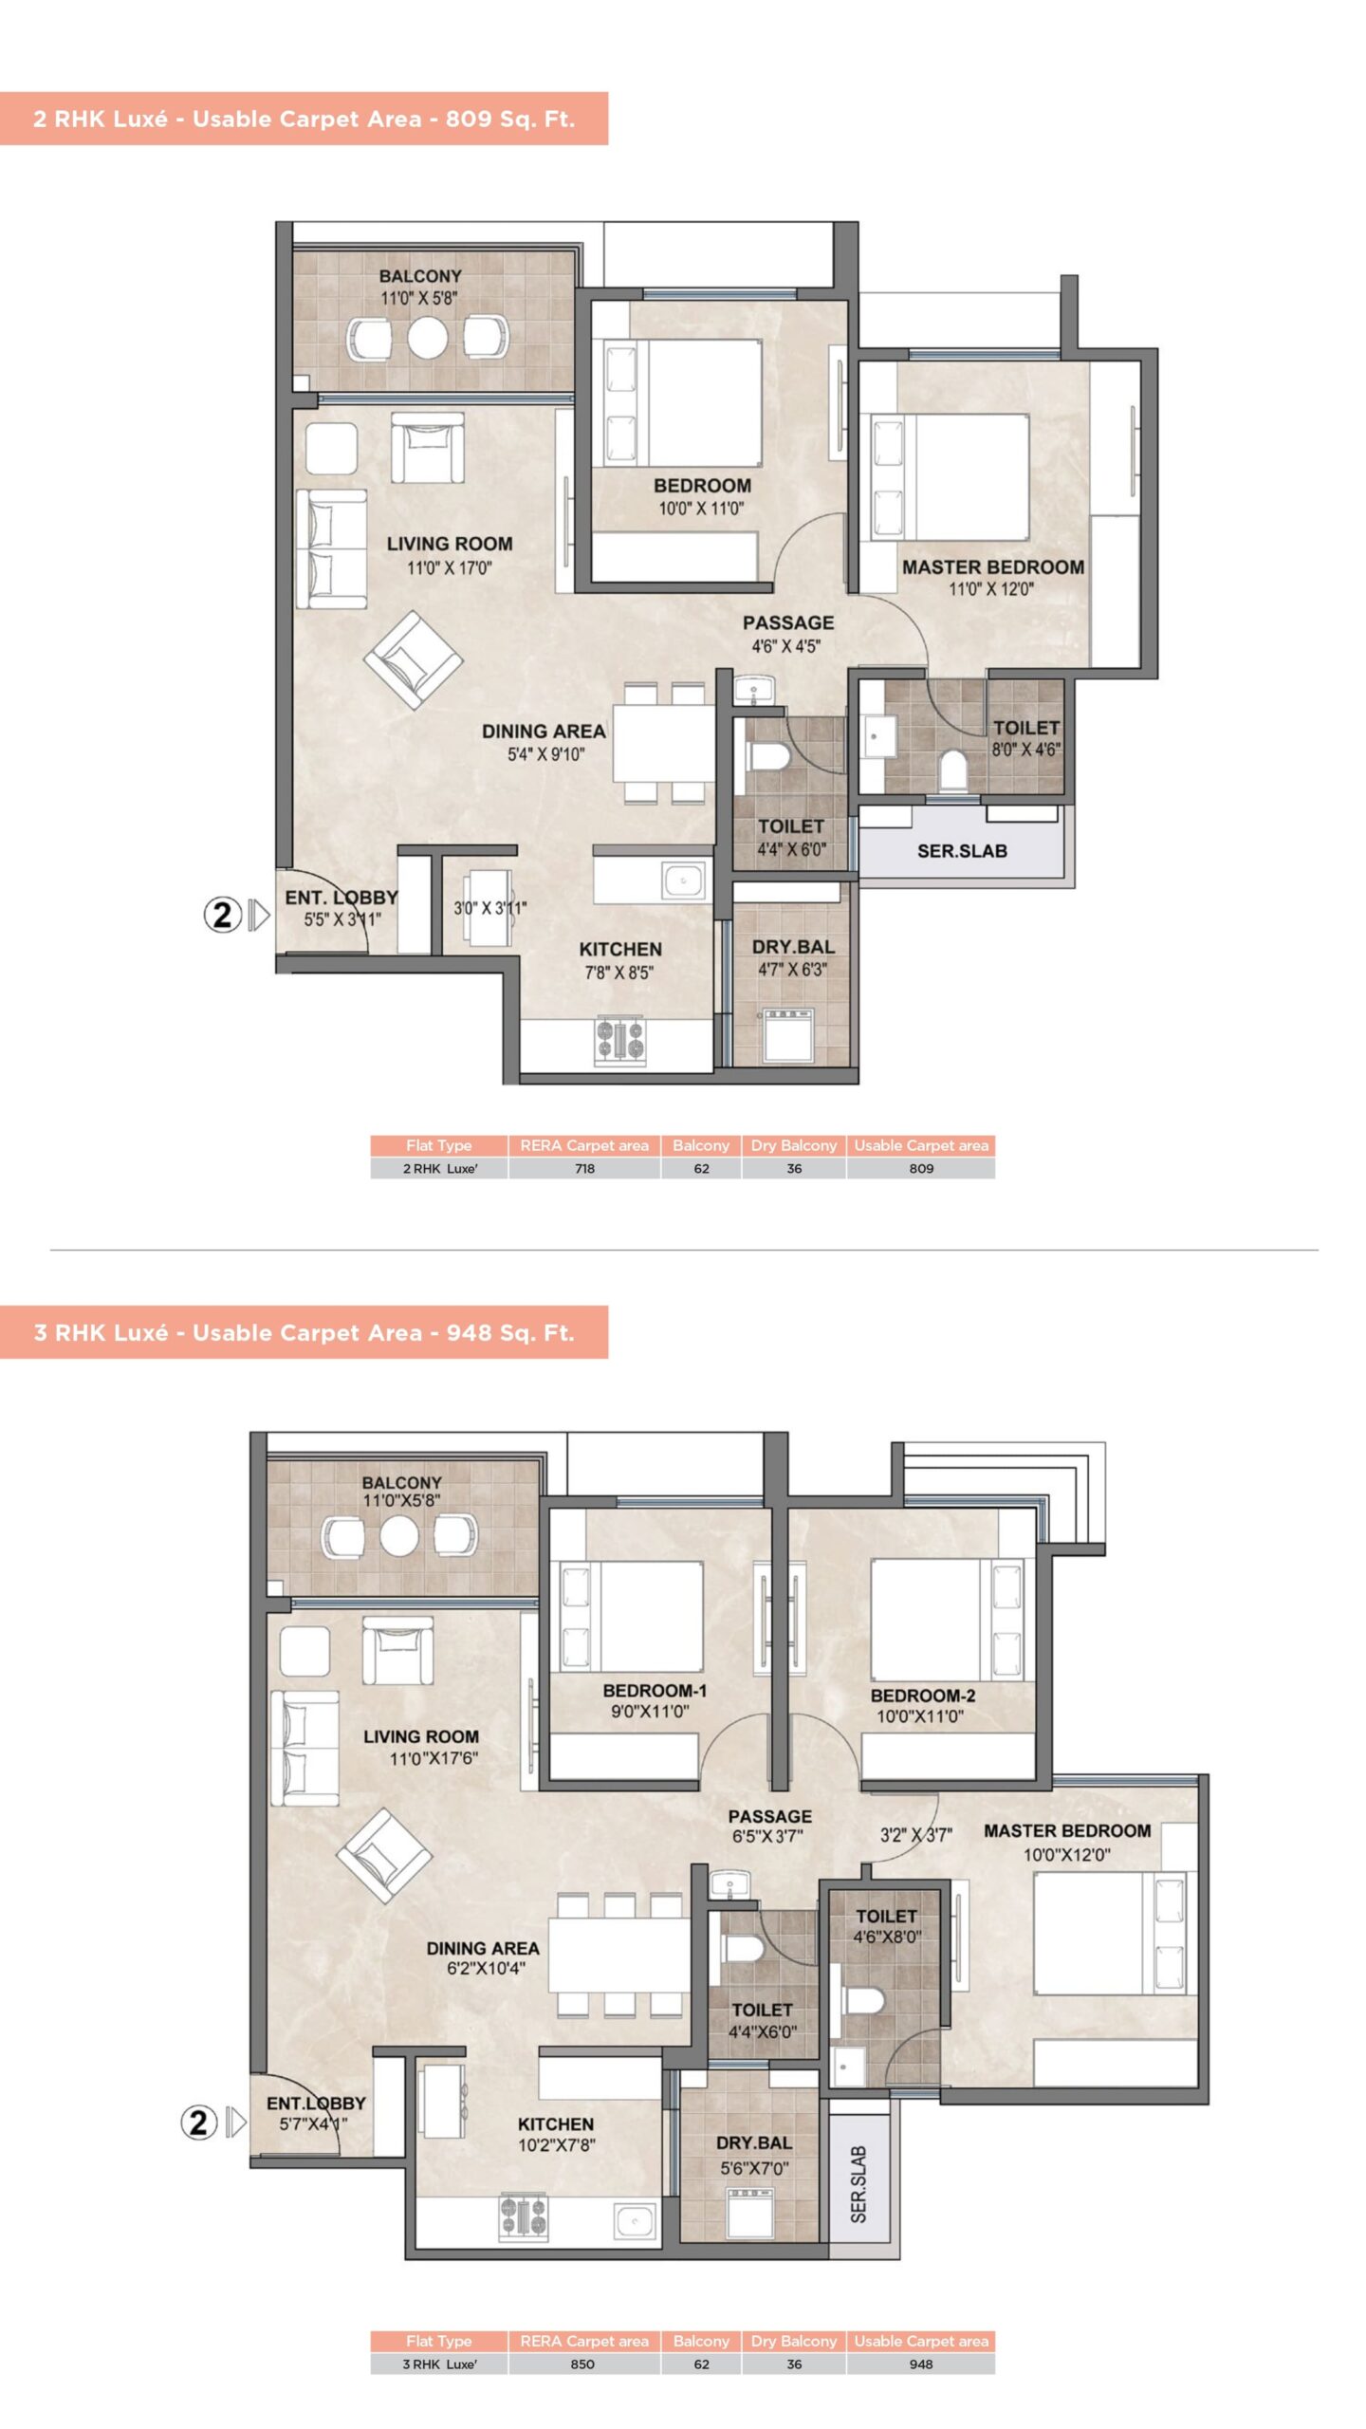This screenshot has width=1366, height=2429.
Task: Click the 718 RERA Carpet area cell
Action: [x=584, y=1168]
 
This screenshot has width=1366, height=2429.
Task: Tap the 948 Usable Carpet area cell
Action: [x=920, y=2364]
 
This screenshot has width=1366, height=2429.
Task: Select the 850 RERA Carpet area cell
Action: [x=583, y=2364]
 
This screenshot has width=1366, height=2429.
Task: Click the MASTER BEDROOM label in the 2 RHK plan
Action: [x=993, y=566]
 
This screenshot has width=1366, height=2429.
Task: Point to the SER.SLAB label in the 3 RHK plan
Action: [x=858, y=2184]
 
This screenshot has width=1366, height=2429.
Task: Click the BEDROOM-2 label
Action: [x=923, y=1695]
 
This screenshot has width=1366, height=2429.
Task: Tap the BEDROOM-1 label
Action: [x=655, y=1690]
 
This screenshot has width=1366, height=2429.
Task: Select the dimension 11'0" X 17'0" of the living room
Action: [x=450, y=567]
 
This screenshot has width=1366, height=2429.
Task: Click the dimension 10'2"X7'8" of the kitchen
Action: [x=556, y=2144]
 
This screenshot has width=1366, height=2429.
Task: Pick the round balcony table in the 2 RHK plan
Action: [x=427, y=337]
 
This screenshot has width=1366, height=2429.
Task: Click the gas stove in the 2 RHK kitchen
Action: [x=620, y=1039]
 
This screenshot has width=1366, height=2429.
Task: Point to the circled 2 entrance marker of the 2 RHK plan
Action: [x=223, y=915]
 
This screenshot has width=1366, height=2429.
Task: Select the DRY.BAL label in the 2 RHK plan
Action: [x=793, y=946]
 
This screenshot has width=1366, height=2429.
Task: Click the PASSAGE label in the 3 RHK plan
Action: [x=770, y=1816]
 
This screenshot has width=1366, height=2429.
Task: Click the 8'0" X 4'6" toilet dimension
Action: [x=1026, y=750]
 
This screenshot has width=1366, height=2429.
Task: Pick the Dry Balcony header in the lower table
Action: [x=794, y=2341]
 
